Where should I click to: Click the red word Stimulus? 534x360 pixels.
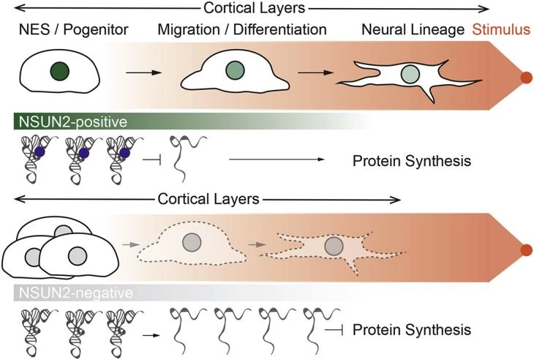click(x=502, y=31)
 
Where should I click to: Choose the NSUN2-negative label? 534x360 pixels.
click(x=59, y=294)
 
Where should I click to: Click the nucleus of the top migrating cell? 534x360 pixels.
click(x=236, y=70)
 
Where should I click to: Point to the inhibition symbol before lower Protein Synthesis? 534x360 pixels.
click(x=334, y=330)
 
